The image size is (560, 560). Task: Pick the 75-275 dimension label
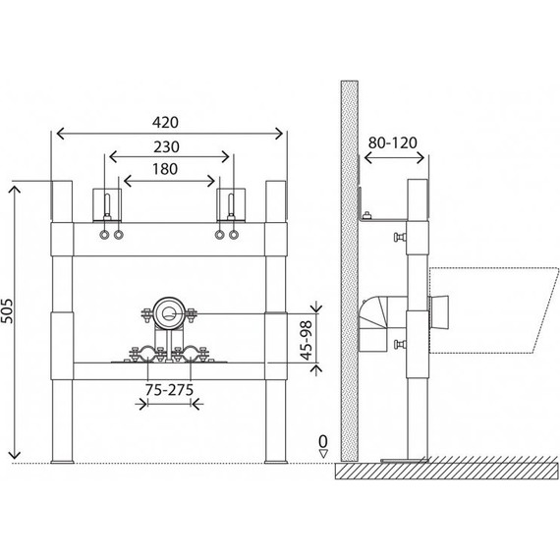point(168,391)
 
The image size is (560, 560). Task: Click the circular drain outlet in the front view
point(170,315)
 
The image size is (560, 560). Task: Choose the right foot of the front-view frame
point(272,457)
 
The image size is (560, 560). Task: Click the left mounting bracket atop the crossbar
point(106,204)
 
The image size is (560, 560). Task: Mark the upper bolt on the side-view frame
point(400,238)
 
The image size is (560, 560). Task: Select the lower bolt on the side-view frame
point(400,344)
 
